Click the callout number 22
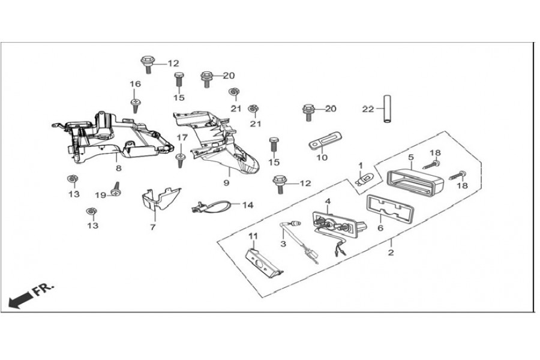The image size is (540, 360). coord(368,109)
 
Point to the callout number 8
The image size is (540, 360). coord(118,168)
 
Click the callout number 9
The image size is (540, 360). coord(226,182)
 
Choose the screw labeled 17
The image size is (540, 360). coord(181,160)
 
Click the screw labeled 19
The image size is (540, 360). coord(116,190)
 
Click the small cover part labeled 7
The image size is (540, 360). coord(161,199)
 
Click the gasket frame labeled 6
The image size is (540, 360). coord(389,208)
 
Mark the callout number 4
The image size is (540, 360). coord(328,201)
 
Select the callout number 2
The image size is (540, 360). coord(391,253)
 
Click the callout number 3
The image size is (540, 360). coord(283,244)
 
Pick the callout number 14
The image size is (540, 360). coord(248,205)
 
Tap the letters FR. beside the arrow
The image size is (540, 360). coord(43,289)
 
